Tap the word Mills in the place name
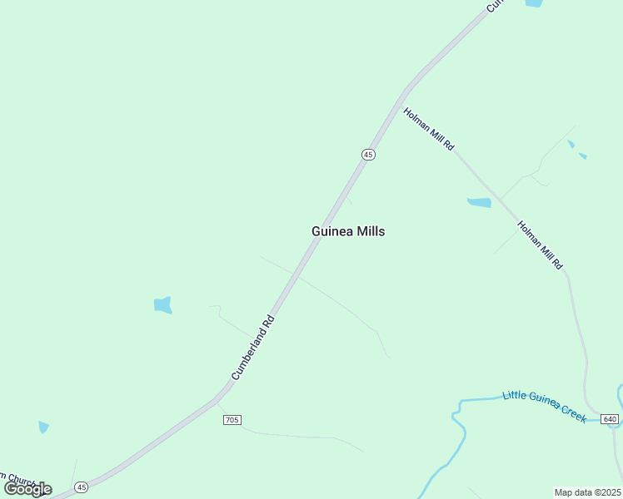click(371, 232)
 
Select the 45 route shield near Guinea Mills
click(368, 155)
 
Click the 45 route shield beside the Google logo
click(81, 487)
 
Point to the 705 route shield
click(232, 420)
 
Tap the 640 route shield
click(610, 418)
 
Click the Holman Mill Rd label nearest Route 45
click(429, 129)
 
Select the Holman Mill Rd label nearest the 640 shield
click(541, 245)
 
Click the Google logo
click(27, 488)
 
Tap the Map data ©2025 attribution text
click(588, 492)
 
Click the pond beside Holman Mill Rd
click(479, 202)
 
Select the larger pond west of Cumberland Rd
click(163, 305)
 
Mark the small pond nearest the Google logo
click(43, 427)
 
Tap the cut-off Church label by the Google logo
click(17, 479)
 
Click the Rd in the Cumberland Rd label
click(268, 320)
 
